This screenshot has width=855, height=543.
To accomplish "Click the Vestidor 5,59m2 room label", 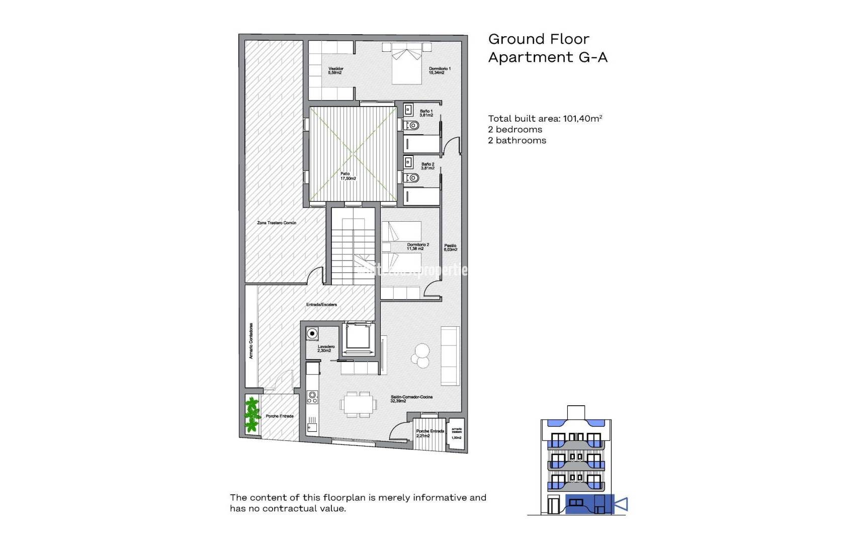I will pyautogui.click(x=335, y=70).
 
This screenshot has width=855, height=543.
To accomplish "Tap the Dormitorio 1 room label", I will pyautogui.click(x=440, y=70).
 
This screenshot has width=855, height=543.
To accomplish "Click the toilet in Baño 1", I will pyautogui.click(x=413, y=125).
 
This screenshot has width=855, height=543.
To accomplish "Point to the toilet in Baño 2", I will pyautogui.click(x=413, y=177).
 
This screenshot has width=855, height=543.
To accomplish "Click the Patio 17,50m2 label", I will pyautogui.click(x=348, y=176).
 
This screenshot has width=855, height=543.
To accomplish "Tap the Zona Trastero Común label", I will pyautogui.click(x=276, y=223).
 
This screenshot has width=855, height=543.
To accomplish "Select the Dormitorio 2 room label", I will pyautogui.click(x=417, y=246).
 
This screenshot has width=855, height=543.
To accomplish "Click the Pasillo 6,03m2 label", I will pyautogui.click(x=450, y=247).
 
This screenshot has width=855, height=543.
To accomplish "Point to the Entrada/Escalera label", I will pyautogui.click(x=321, y=305).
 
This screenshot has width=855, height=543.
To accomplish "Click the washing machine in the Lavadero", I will pyautogui.click(x=312, y=333).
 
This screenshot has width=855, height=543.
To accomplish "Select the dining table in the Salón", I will pyautogui.click(x=359, y=404).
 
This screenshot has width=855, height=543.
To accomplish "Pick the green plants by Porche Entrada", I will pyautogui.click(x=251, y=415).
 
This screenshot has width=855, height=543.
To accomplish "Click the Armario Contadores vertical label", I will pyautogui.click(x=251, y=341).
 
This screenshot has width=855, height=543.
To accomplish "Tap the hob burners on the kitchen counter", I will pyautogui.click(x=312, y=398).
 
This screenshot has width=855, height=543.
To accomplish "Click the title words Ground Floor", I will pyautogui.click(x=538, y=39).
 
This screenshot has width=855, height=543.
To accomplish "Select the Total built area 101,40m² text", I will pyautogui.click(x=545, y=119).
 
